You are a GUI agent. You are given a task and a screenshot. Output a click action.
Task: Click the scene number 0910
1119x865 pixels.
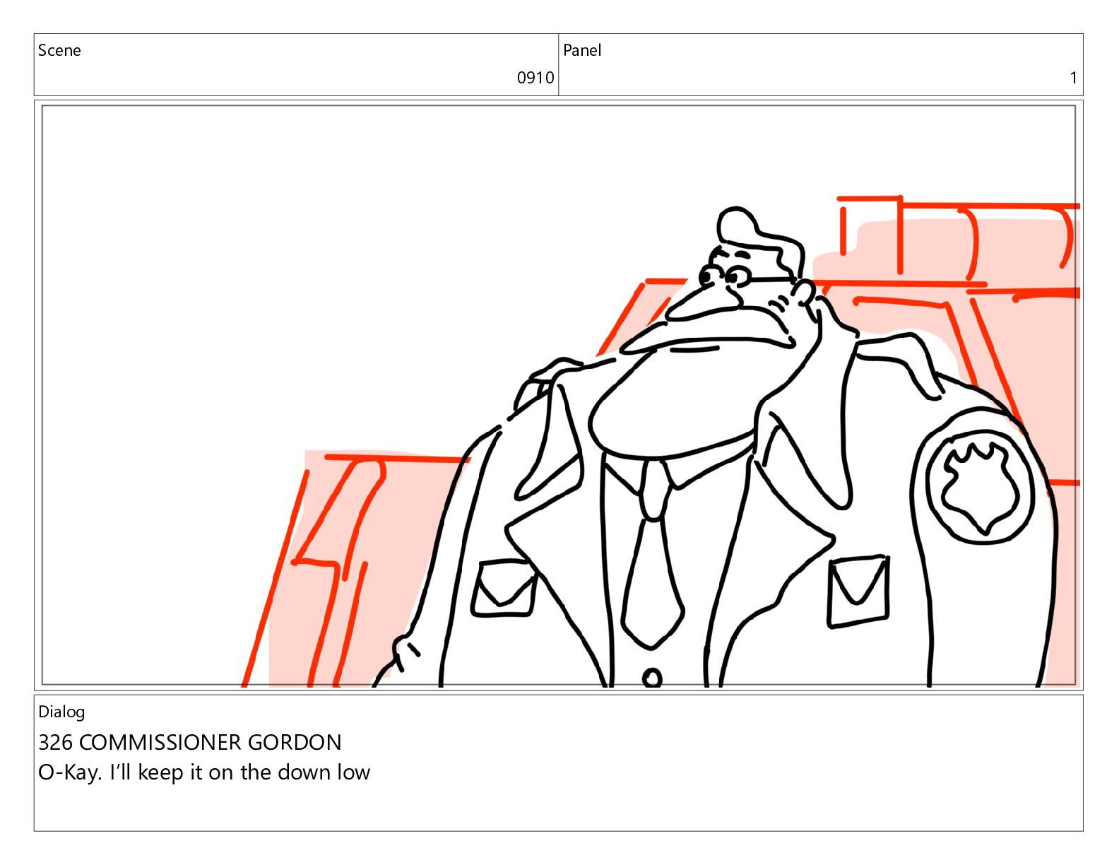535,78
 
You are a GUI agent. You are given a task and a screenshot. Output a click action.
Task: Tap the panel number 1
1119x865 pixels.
1072,78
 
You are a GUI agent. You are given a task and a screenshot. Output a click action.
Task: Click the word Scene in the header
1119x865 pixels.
59,50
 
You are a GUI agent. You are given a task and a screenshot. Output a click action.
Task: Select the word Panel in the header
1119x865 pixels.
581,50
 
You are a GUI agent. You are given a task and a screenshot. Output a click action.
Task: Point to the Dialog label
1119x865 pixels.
61,712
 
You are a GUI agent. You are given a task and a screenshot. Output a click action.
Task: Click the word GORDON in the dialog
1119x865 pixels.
295,742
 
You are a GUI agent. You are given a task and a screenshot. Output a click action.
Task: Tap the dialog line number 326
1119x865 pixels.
56,742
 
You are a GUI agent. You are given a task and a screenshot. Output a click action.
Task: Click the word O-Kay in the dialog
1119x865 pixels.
69,773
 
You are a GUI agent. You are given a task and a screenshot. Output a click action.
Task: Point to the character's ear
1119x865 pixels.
803,294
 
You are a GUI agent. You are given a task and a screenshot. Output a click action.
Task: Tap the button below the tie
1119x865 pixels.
652,678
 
